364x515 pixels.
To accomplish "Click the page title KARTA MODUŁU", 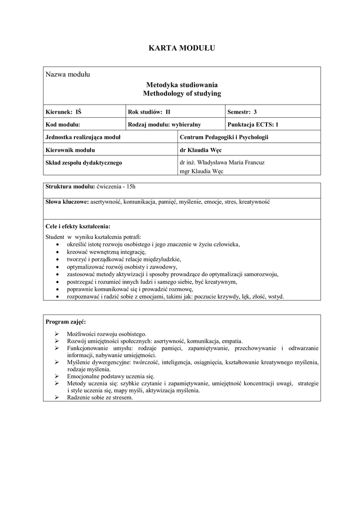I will [x=181, y=48].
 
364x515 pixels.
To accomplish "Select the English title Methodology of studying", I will [x=181, y=94].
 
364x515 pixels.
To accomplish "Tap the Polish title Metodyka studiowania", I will [x=181, y=85].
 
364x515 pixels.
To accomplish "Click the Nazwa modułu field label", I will [x=67, y=75].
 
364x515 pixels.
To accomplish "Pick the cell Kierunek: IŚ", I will [x=63, y=112].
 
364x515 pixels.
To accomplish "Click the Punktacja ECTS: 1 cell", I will [x=252, y=124].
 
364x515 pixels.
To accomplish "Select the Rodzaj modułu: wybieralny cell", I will [x=164, y=124].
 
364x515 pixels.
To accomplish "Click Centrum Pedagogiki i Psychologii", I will [x=224, y=137].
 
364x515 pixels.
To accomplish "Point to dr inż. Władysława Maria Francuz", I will [x=222, y=162].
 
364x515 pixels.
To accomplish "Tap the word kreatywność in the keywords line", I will [x=254, y=202].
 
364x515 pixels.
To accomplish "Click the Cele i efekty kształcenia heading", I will [x=77, y=226].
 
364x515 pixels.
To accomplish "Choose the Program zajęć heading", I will [x=65, y=321].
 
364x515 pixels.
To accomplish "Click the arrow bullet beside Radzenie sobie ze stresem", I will [x=57, y=397].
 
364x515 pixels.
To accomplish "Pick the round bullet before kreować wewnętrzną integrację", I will [x=58, y=252].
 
